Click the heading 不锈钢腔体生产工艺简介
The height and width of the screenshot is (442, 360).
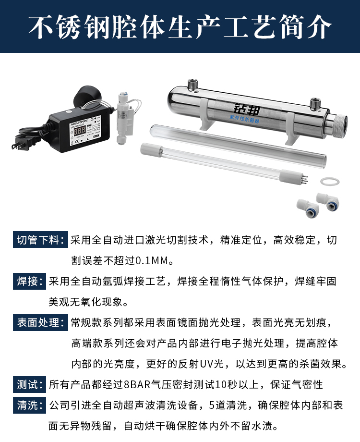pos(180,27)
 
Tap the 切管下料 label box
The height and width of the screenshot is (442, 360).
pos(40,240)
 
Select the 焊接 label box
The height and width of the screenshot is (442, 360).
pos(29,281)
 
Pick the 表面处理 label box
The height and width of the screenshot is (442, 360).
pos(40,322)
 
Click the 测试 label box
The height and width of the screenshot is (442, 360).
pos(29,384)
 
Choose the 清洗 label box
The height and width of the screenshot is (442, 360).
pos(29,405)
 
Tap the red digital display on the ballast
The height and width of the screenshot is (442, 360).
pos(80,130)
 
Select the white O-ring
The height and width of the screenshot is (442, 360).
pos(330,181)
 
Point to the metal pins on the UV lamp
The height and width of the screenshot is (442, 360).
pos(304,178)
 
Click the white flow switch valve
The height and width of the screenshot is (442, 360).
pos(124,118)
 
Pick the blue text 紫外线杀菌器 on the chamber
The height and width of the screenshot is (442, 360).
pos(244,119)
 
